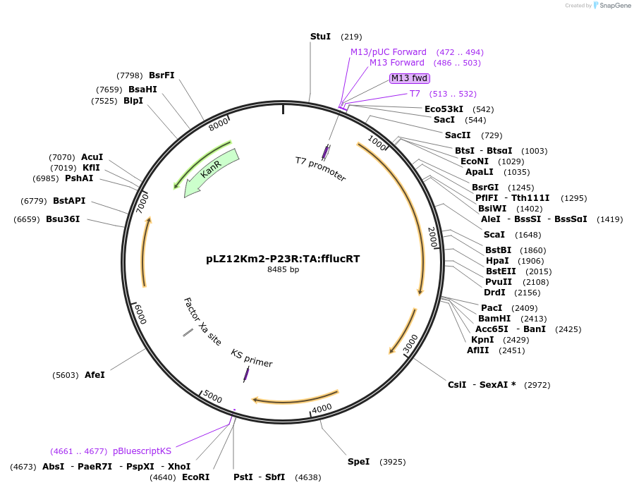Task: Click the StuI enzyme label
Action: [320, 36]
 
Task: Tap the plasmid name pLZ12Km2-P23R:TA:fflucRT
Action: [283, 259]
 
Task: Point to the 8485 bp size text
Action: [283, 269]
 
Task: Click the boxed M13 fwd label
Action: [410, 78]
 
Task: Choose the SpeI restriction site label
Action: [358, 462]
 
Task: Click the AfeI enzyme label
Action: [95, 375]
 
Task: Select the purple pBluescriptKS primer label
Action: [142, 451]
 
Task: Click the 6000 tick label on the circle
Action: [140, 315]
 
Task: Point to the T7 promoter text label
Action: [320, 169]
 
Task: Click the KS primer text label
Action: [251, 358]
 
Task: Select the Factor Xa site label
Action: [202, 321]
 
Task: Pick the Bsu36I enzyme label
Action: [63, 219]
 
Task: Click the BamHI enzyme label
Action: [494, 318]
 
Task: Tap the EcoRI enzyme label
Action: [195, 477]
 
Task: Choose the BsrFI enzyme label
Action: [161, 75]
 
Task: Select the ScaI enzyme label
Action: [494, 235]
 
